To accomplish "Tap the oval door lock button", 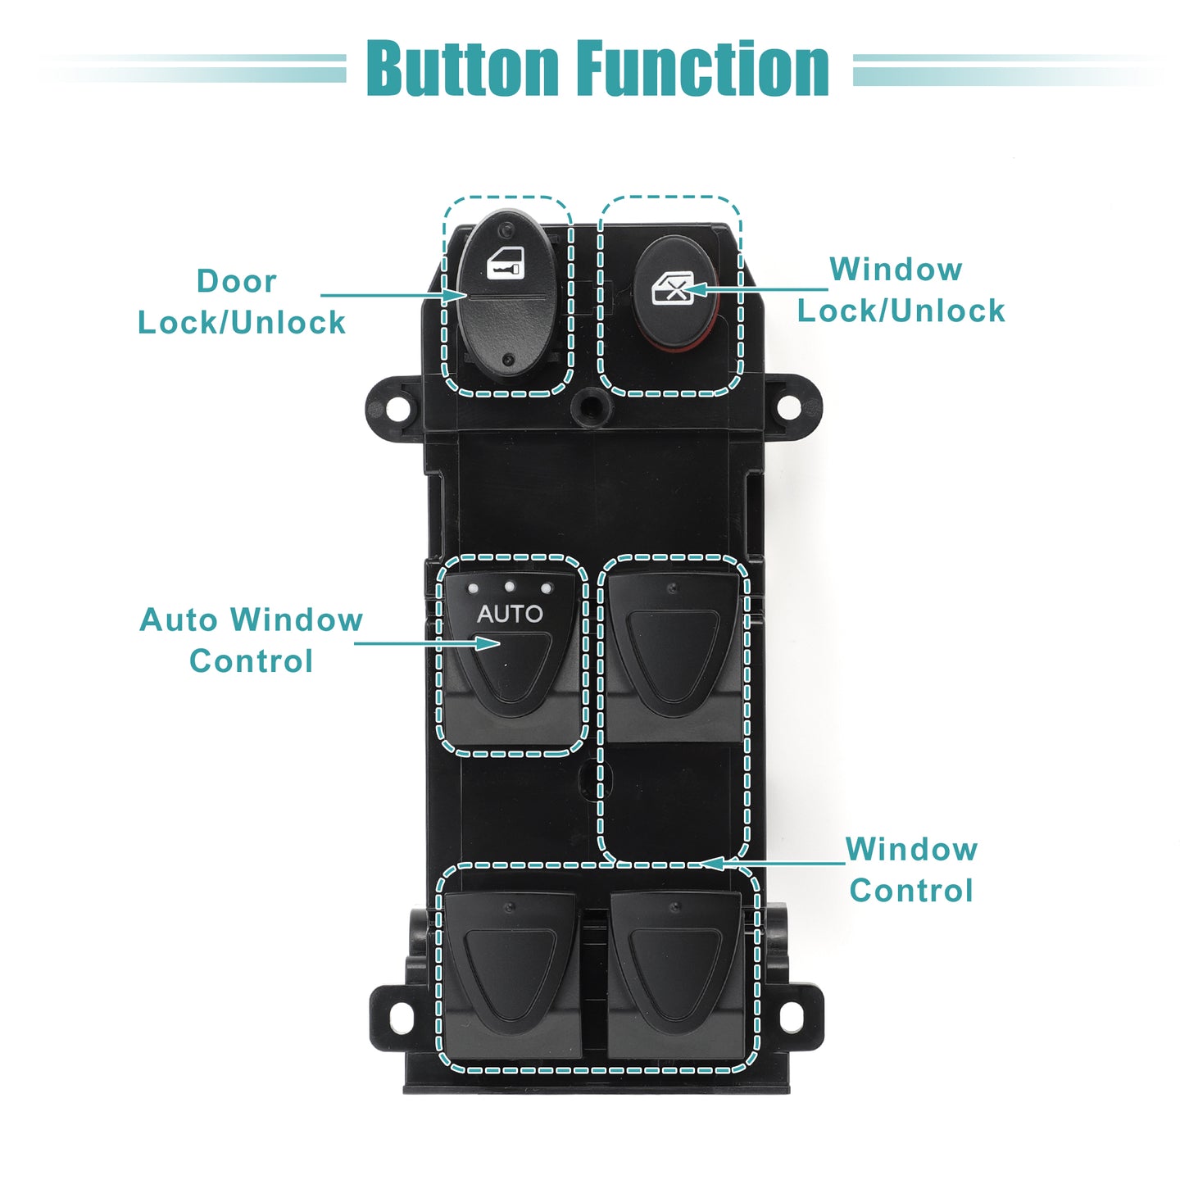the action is pyautogui.click(x=507, y=294).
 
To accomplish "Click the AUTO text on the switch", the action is pyautogui.click(x=510, y=614).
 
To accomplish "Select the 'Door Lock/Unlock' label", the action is pyautogui.click(x=241, y=302).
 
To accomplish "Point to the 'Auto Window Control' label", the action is pyautogui.click(x=251, y=641).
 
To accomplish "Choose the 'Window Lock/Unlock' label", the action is pyautogui.click(x=901, y=289).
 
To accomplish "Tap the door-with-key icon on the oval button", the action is pyautogui.click(x=506, y=263).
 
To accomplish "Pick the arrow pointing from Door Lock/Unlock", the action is pyautogui.click(x=393, y=295).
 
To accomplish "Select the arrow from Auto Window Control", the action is pyautogui.click(x=428, y=643).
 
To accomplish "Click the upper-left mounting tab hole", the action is pyautogui.click(x=397, y=408).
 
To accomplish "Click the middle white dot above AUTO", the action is pyautogui.click(x=510, y=587).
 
